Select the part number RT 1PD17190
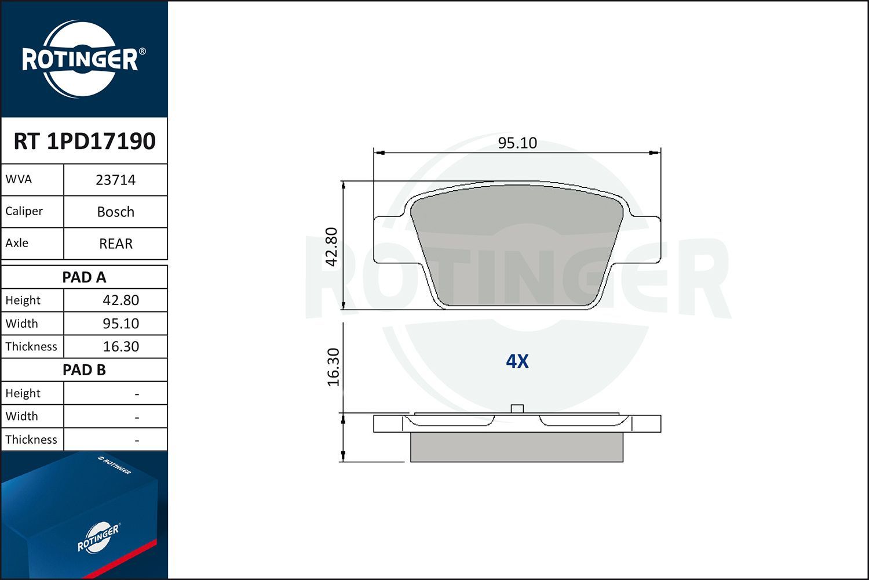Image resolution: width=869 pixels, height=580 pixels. [x=85, y=141]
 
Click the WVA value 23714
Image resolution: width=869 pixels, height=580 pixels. [x=115, y=180]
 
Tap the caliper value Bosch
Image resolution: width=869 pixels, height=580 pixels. [x=115, y=212]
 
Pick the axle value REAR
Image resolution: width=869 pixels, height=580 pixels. [x=115, y=244]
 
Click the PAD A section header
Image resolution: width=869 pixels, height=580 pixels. [x=84, y=277]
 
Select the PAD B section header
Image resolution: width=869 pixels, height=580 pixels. [x=84, y=370]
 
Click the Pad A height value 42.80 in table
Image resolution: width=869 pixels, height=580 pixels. [x=121, y=300]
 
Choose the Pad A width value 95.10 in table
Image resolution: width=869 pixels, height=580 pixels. [x=121, y=324]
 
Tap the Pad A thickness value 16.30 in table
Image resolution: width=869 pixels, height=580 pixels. [x=121, y=347]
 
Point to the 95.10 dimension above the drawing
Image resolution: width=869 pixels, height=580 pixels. [x=517, y=143]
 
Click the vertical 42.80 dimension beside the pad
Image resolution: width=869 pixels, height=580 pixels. [x=331, y=246]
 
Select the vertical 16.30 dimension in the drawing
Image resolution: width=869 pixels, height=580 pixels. [x=333, y=367]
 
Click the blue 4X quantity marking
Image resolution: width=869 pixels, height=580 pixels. [x=517, y=361]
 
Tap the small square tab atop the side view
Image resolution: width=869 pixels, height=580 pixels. [x=517, y=408]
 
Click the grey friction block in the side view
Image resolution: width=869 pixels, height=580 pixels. [x=516, y=447]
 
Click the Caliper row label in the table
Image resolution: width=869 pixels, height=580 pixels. [x=24, y=211]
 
